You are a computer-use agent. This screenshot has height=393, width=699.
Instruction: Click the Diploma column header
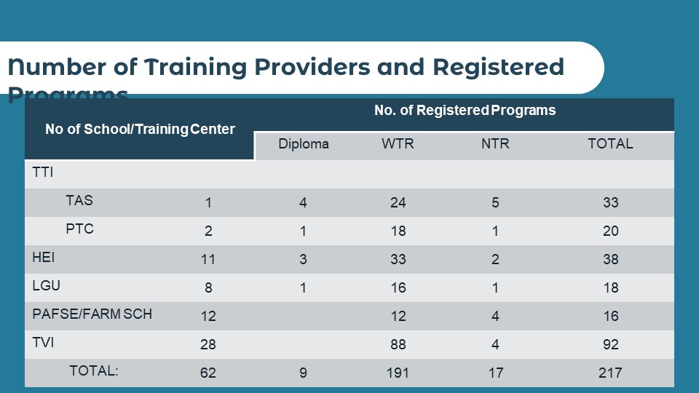point(304,144)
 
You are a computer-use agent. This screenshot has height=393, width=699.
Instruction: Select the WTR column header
point(398,144)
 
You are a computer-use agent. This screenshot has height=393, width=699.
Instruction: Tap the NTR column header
point(495,144)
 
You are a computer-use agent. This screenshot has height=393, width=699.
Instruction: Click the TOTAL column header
point(610,144)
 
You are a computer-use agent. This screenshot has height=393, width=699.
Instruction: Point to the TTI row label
point(44,172)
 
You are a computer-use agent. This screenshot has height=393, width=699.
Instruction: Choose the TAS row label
point(79,201)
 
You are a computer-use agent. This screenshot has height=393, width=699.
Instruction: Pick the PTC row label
point(79,229)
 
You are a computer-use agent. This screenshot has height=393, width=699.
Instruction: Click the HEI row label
point(44,258)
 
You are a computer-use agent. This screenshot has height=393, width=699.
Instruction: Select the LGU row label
point(45,286)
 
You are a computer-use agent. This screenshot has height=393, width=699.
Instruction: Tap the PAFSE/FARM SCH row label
point(92,314)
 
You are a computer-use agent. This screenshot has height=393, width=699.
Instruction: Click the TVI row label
point(43,343)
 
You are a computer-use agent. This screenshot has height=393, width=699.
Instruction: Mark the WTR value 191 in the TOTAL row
point(398,373)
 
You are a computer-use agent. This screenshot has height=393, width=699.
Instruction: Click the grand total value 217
point(610,373)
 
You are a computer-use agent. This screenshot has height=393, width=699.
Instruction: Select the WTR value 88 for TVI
point(398,344)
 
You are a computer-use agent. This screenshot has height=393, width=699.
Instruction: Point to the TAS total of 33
point(610,202)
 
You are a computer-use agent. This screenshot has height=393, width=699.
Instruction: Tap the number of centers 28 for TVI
point(208,344)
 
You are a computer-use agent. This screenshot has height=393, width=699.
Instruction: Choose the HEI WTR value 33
point(398,259)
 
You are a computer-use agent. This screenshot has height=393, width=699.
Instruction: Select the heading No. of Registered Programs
point(465,111)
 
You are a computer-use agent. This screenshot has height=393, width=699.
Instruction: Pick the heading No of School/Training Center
point(140,130)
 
